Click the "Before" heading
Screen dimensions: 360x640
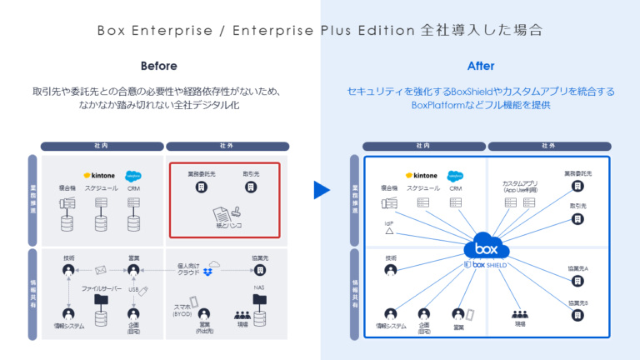158,65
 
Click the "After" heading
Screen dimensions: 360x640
481,65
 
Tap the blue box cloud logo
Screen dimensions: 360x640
484,249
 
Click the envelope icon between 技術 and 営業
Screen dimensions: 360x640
101,270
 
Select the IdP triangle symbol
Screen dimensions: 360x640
389,231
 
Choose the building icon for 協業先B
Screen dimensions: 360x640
577,315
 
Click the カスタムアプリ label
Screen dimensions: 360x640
519,182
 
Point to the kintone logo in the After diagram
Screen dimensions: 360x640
421,176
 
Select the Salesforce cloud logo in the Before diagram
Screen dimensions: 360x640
132,176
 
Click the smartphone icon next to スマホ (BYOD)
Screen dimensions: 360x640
194,302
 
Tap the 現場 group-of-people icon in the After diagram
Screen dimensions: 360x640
520,314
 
